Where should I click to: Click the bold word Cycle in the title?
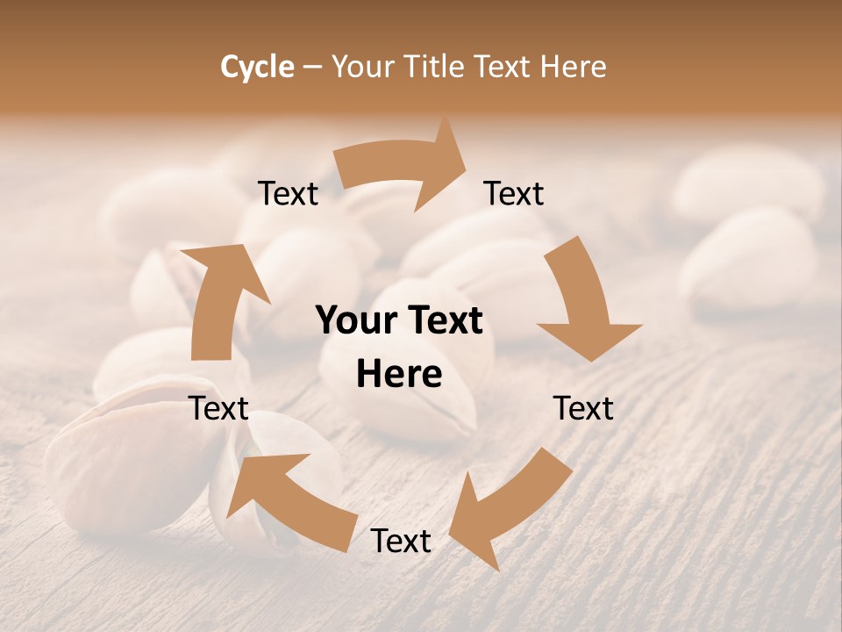pyautogui.click(x=257, y=67)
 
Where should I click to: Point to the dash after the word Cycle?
pyautogui.click(x=312, y=68)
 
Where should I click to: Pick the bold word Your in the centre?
pyautogui.click(x=358, y=321)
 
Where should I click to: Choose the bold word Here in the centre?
pyautogui.click(x=399, y=375)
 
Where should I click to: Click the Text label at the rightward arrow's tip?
pyautogui.click(x=514, y=193)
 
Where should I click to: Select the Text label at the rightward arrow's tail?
pyautogui.click(x=288, y=193)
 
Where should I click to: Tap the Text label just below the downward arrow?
pyautogui.click(x=583, y=408)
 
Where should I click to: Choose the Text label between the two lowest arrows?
pyautogui.click(x=401, y=541)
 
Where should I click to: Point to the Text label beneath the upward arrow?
pyautogui.click(x=218, y=408)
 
